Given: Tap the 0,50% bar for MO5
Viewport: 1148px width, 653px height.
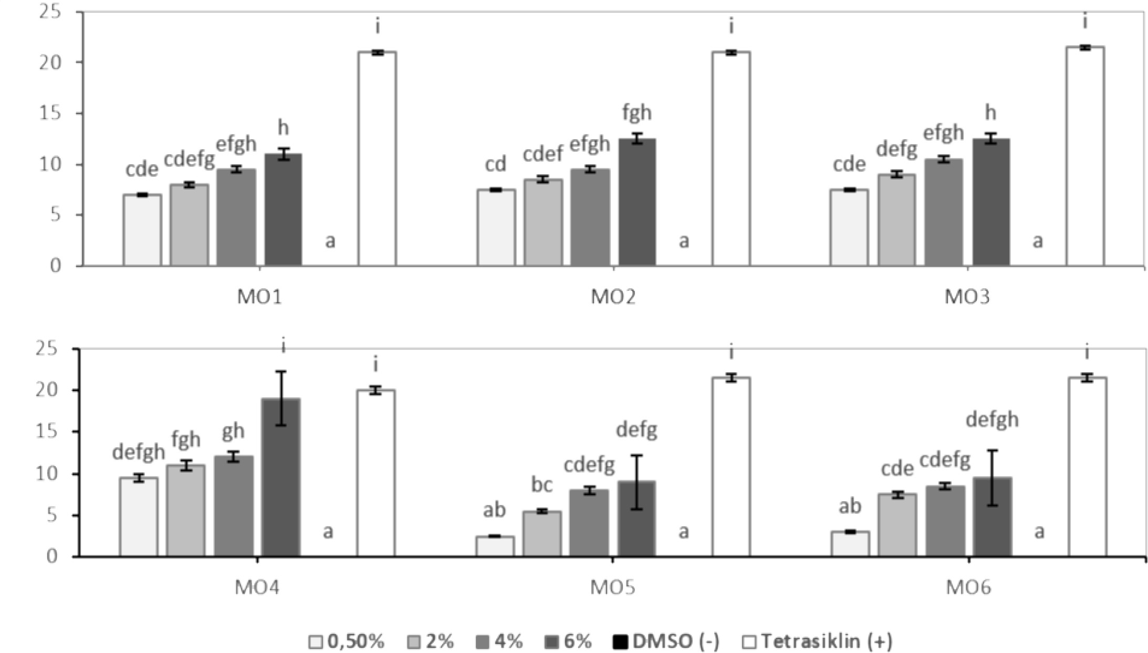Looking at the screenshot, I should [495, 545].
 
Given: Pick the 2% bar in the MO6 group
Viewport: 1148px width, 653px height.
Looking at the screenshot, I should [897, 524].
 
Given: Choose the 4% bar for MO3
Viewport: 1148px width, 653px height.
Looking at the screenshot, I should [943, 212].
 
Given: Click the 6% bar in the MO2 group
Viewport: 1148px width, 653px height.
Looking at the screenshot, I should [636, 202].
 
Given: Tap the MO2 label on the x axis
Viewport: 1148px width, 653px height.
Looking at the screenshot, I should [613, 297].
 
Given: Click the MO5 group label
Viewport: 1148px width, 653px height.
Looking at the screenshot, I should [612, 587].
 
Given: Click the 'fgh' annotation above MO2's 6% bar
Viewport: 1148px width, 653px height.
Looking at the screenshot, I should [636, 112].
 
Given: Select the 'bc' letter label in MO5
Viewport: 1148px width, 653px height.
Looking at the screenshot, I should [541, 485].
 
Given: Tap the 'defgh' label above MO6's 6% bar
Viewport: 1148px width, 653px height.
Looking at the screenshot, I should [992, 419].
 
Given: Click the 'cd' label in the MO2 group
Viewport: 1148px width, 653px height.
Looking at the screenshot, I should [495, 164].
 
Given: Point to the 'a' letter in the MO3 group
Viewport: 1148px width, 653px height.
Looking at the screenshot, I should [1038, 241].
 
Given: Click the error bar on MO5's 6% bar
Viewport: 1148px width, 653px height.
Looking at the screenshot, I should [636, 482].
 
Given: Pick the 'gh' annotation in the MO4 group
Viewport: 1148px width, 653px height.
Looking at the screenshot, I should [233, 431].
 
